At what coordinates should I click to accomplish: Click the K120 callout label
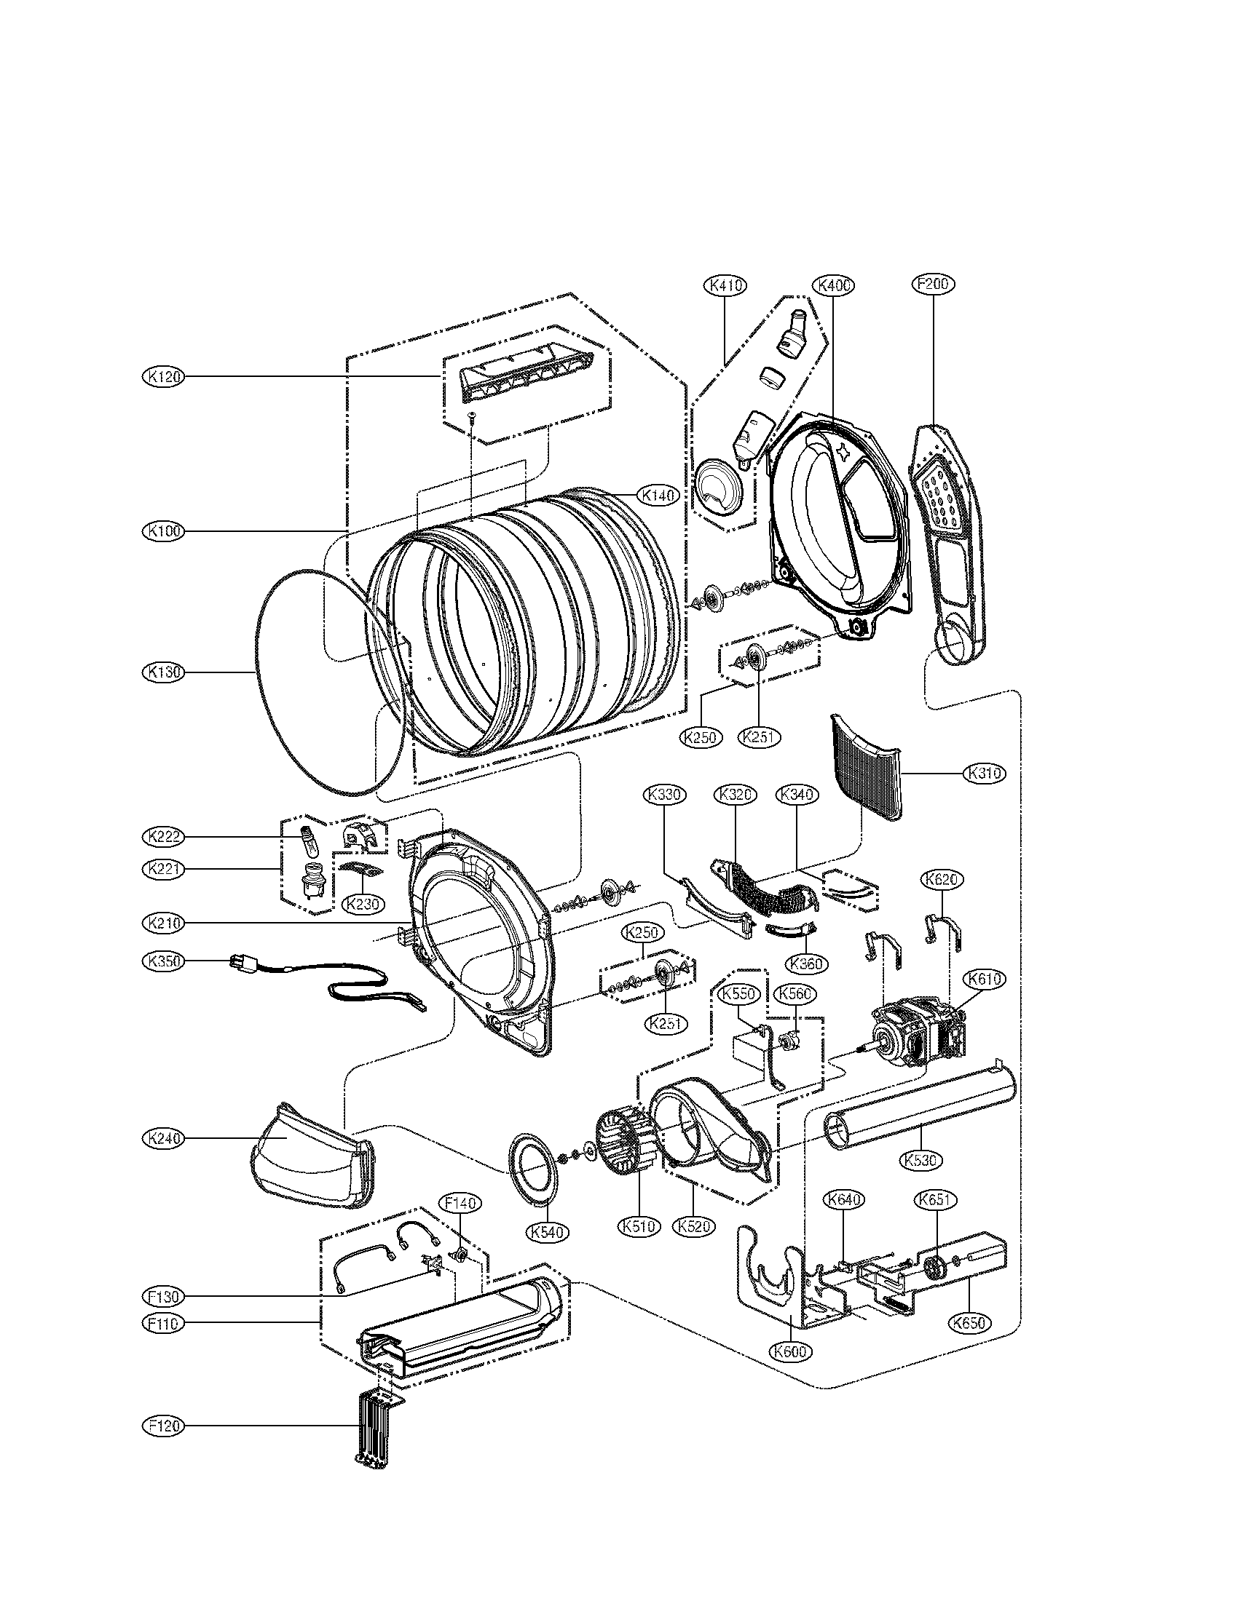click(163, 376)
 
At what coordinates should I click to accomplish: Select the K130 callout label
click(163, 672)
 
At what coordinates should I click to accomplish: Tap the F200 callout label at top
click(934, 285)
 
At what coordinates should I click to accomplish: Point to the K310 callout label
click(985, 774)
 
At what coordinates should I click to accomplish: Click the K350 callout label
click(163, 961)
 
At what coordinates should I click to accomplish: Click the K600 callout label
click(792, 1350)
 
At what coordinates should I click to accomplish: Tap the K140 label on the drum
click(658, 496)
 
